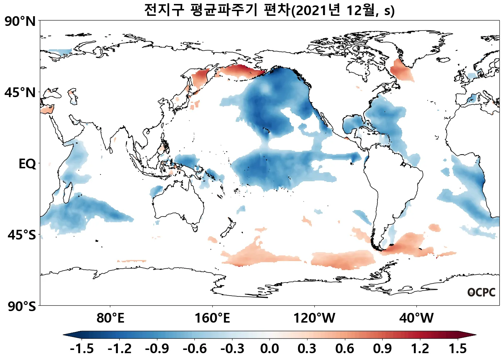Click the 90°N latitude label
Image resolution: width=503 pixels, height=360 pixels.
coord(20,22)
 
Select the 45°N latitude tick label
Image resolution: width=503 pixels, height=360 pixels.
coord(20,93)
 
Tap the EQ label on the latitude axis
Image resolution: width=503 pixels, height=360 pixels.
coord(27,164)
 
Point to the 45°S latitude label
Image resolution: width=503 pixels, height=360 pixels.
coord(22,235)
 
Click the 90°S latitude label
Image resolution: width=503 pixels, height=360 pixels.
coord(22,306)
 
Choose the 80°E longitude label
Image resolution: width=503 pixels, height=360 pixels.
coord(110,318)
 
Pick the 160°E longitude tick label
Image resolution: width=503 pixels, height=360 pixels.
coord(212,318)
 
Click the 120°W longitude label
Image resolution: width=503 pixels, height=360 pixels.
coord(314,318)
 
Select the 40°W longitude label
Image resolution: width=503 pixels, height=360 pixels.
coord(416,318)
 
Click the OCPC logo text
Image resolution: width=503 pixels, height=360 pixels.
coord(481,292)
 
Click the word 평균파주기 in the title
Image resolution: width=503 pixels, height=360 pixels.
coord(224,10)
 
